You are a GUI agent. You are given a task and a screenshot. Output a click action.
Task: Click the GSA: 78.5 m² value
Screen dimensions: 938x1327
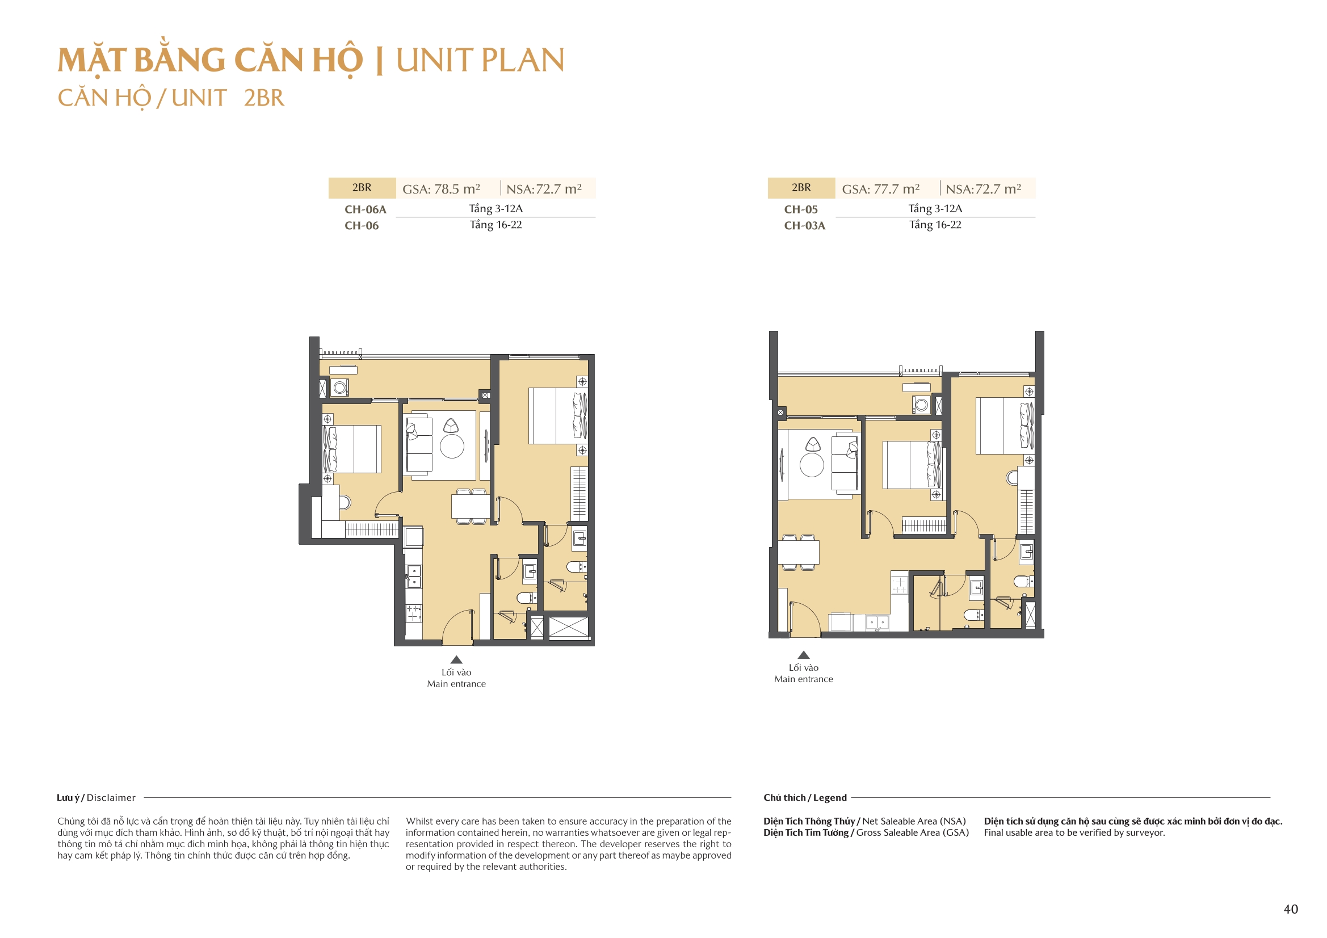click(x=441, y=189)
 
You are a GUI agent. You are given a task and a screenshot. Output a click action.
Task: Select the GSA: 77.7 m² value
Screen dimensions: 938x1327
click(x=880, y=189)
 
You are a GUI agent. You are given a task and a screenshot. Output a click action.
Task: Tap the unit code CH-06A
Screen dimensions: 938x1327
click(x=366, y=209)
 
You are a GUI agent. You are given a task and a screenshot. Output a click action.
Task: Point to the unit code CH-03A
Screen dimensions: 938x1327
click(x=804, y=225)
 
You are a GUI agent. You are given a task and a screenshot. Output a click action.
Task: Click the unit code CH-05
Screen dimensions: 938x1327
click(x=800, y=209)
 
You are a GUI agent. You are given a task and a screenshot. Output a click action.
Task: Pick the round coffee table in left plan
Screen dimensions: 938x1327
click(x=452, y=446)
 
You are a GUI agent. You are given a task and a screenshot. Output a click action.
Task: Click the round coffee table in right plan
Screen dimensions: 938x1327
click(x=812, y=465)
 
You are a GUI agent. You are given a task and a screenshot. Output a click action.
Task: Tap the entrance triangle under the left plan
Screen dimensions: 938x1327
click(x=456, y=659)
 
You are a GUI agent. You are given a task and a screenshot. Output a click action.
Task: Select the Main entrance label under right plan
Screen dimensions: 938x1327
click(x=803, y=679)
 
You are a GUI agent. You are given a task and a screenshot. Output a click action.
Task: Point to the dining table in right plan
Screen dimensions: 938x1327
click(x=798, y=552)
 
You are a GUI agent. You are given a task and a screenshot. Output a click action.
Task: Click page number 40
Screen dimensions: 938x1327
click(x=1291, y=909)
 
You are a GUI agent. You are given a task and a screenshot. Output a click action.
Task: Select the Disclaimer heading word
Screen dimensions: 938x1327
click(x=111, y=798)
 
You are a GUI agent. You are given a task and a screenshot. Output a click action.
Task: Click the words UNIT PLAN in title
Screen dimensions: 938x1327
click(x=480, y=61)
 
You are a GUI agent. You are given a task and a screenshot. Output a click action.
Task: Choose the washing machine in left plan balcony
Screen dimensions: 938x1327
click(x=340, y=388)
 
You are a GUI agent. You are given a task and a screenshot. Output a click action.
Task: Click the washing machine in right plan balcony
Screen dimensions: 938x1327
click(x=921, y=405)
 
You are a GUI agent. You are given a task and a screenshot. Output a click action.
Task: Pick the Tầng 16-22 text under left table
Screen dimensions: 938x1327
click(x=495, y=225)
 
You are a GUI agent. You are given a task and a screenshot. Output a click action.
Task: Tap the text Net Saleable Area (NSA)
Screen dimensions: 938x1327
click(x=914, y=821)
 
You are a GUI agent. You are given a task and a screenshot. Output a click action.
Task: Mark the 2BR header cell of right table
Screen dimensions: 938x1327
click(x=801, y=188)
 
